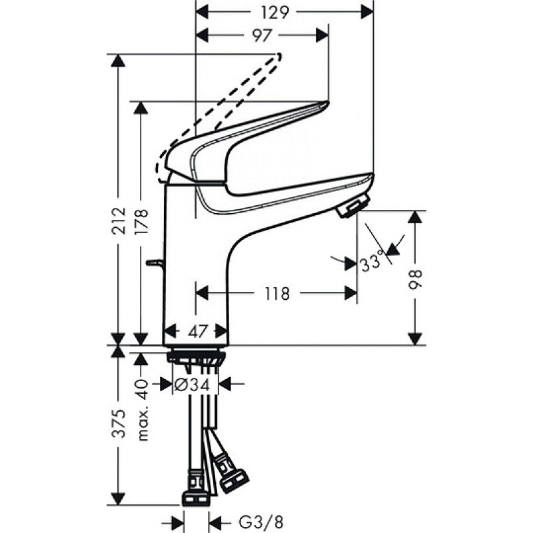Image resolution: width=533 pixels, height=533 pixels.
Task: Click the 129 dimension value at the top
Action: point(275,13)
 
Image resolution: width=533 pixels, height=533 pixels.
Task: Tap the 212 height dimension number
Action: point(119,221)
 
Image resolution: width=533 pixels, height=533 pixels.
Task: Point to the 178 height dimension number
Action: point(141,221)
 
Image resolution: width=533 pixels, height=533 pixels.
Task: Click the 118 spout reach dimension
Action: point(277,294)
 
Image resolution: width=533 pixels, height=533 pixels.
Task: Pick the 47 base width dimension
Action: point(198,331)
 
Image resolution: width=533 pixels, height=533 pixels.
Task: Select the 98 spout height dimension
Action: point(415,280)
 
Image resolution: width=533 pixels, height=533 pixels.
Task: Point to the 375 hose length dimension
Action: point(119,424)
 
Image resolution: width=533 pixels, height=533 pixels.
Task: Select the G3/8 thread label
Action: point(261,522)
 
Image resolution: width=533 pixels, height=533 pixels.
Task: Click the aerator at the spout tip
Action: point(353,205)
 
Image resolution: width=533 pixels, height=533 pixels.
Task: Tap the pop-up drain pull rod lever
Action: point(155,262)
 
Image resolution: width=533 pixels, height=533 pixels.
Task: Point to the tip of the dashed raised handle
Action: point(280,55)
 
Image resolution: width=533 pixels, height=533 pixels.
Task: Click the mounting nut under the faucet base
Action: point(196,357)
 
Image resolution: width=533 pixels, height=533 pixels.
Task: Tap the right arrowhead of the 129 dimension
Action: point(367,13)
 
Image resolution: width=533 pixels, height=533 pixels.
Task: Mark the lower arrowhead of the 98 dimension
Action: point(415,339)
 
